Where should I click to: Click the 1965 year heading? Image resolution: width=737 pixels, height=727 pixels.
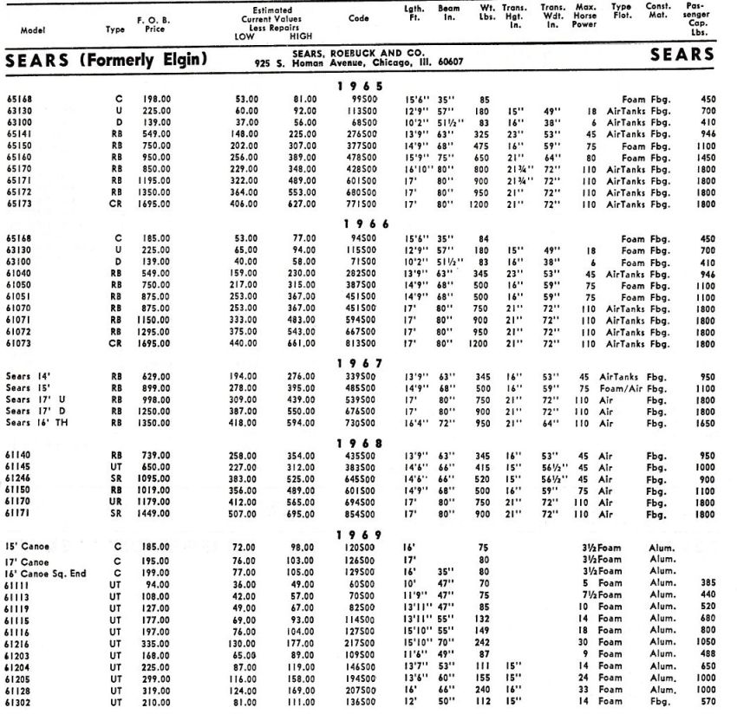click(x=359, y=88)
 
